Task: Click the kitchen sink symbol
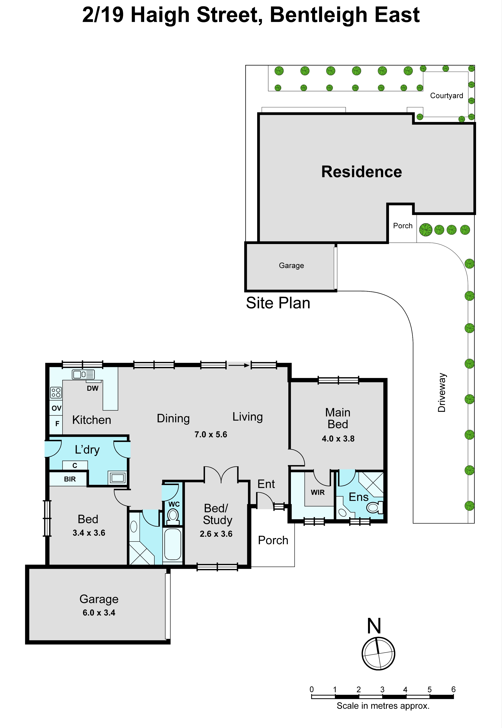coord(83,374)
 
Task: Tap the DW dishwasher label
coord(92,389)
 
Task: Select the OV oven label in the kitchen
coord(56,408)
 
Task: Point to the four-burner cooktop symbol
coord(56,393)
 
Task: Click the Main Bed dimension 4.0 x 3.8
coord(338,439)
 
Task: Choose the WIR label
coord(318,493)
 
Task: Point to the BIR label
coord(70,479)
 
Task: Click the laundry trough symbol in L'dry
coord(117,478)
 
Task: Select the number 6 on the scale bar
coord(453,689)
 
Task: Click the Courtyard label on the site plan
coord(446,96)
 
